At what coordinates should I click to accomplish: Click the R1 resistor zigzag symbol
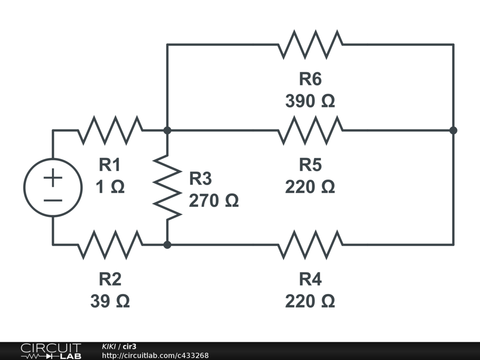pos(110,130)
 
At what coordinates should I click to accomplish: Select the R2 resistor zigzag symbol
pos(110,244)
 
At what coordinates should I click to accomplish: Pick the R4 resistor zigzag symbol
pos(310,244)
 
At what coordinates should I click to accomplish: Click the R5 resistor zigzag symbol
pos(310,130)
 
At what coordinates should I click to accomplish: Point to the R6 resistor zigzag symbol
pos(310,45)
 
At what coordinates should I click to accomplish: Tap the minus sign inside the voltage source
pos(53,200)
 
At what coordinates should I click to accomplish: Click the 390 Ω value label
pos(310,101)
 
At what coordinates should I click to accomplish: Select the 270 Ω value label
pos(214,201)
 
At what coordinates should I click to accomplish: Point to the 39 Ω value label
pos(110,301)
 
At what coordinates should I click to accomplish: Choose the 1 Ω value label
pos(110,187)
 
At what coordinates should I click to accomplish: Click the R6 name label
pos(310,79)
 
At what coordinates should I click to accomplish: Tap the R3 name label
pos(200,179)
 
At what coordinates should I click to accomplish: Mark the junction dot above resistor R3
pos(167,130)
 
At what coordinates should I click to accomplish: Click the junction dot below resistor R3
pos(167,244)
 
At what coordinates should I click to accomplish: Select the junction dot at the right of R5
pos(453,130)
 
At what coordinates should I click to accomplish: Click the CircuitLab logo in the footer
pos(51,351)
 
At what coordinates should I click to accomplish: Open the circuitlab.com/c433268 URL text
pos(155,356)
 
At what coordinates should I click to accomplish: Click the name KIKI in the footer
pos(109,346)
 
